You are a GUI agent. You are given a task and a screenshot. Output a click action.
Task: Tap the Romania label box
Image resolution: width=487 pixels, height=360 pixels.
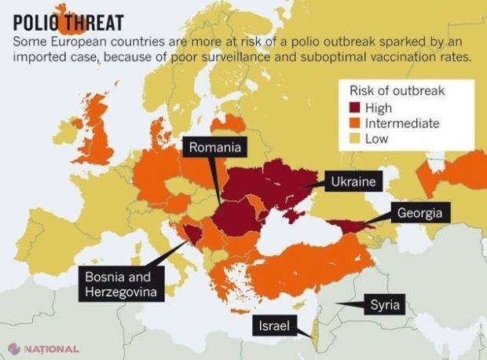pos(214,146)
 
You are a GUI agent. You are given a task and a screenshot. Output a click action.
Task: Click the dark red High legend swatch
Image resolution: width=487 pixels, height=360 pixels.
pos(352,108)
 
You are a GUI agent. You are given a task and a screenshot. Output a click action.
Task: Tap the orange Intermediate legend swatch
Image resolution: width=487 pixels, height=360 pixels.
pos(352,123)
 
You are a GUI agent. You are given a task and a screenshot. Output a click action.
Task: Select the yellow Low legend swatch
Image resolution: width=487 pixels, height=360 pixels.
pos(352,138)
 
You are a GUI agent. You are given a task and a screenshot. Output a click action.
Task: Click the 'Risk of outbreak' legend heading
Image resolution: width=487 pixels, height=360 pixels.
pos(391,90)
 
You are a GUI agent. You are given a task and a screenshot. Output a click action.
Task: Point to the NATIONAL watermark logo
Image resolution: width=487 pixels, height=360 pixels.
pos(44,348)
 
